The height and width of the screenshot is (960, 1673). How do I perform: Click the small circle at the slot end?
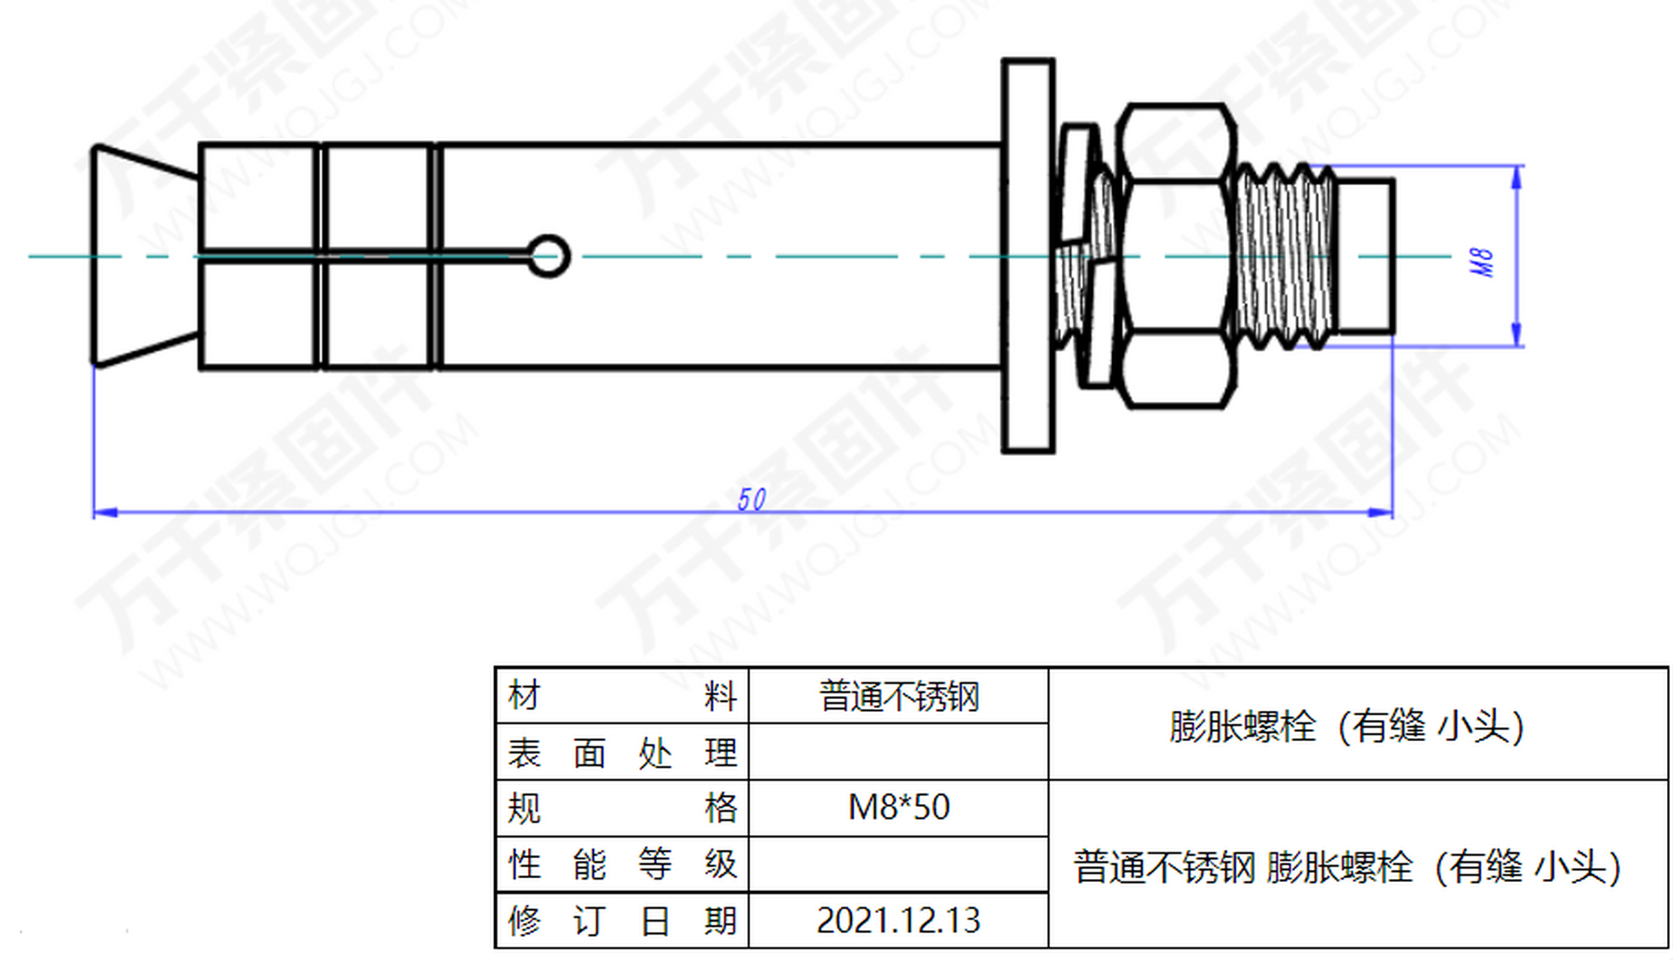click(548, 256)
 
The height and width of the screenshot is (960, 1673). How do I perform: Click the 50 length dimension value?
click(751, 499)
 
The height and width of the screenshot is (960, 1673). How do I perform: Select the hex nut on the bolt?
click(1176, 256)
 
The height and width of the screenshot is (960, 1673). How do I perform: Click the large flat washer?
click(1028, 256)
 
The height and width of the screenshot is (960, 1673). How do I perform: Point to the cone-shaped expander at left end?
click(142, 256)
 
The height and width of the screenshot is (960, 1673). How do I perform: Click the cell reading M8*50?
click(898, 808)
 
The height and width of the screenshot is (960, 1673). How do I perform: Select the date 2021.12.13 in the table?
click(898, 920)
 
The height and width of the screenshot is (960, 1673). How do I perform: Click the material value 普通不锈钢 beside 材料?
click(898, 696)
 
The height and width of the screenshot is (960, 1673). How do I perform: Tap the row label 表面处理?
click(622, 752)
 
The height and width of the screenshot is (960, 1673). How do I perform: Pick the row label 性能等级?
click(622, 864)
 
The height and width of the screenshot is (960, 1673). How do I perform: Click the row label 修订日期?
click(622, 920)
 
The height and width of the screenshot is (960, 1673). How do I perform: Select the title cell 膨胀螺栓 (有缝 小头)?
click(1347, 726)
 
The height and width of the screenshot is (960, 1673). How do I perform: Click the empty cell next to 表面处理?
click(898, 752)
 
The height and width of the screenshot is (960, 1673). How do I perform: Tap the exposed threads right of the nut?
click(1284, 256)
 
